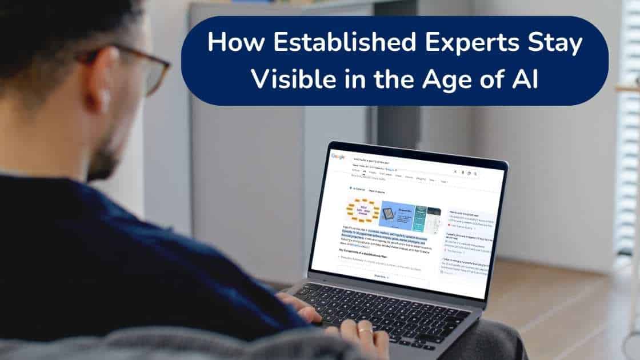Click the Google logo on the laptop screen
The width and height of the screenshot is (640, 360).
click(338, 156)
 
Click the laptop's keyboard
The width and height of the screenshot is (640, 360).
click(389, 309)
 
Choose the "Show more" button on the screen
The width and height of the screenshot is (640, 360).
click(380, 277)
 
